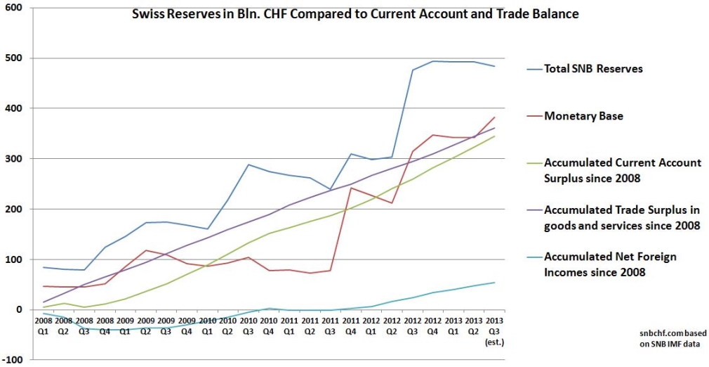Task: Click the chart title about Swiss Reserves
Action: click(355, 13)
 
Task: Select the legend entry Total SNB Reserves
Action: click(593, 69)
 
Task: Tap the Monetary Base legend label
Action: click(583, 116)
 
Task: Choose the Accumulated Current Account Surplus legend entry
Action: click(622, 169)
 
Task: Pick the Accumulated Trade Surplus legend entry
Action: click(622, 217)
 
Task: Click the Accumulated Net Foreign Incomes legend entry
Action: click(610, 264)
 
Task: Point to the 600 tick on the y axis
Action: click(13, 8)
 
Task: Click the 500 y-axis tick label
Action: click(13, 58)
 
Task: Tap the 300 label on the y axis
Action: click(13, 159)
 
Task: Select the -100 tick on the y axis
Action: click(12, 360)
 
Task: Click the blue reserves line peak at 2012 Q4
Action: click(434, 61)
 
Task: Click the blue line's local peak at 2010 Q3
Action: click(249, 165)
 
